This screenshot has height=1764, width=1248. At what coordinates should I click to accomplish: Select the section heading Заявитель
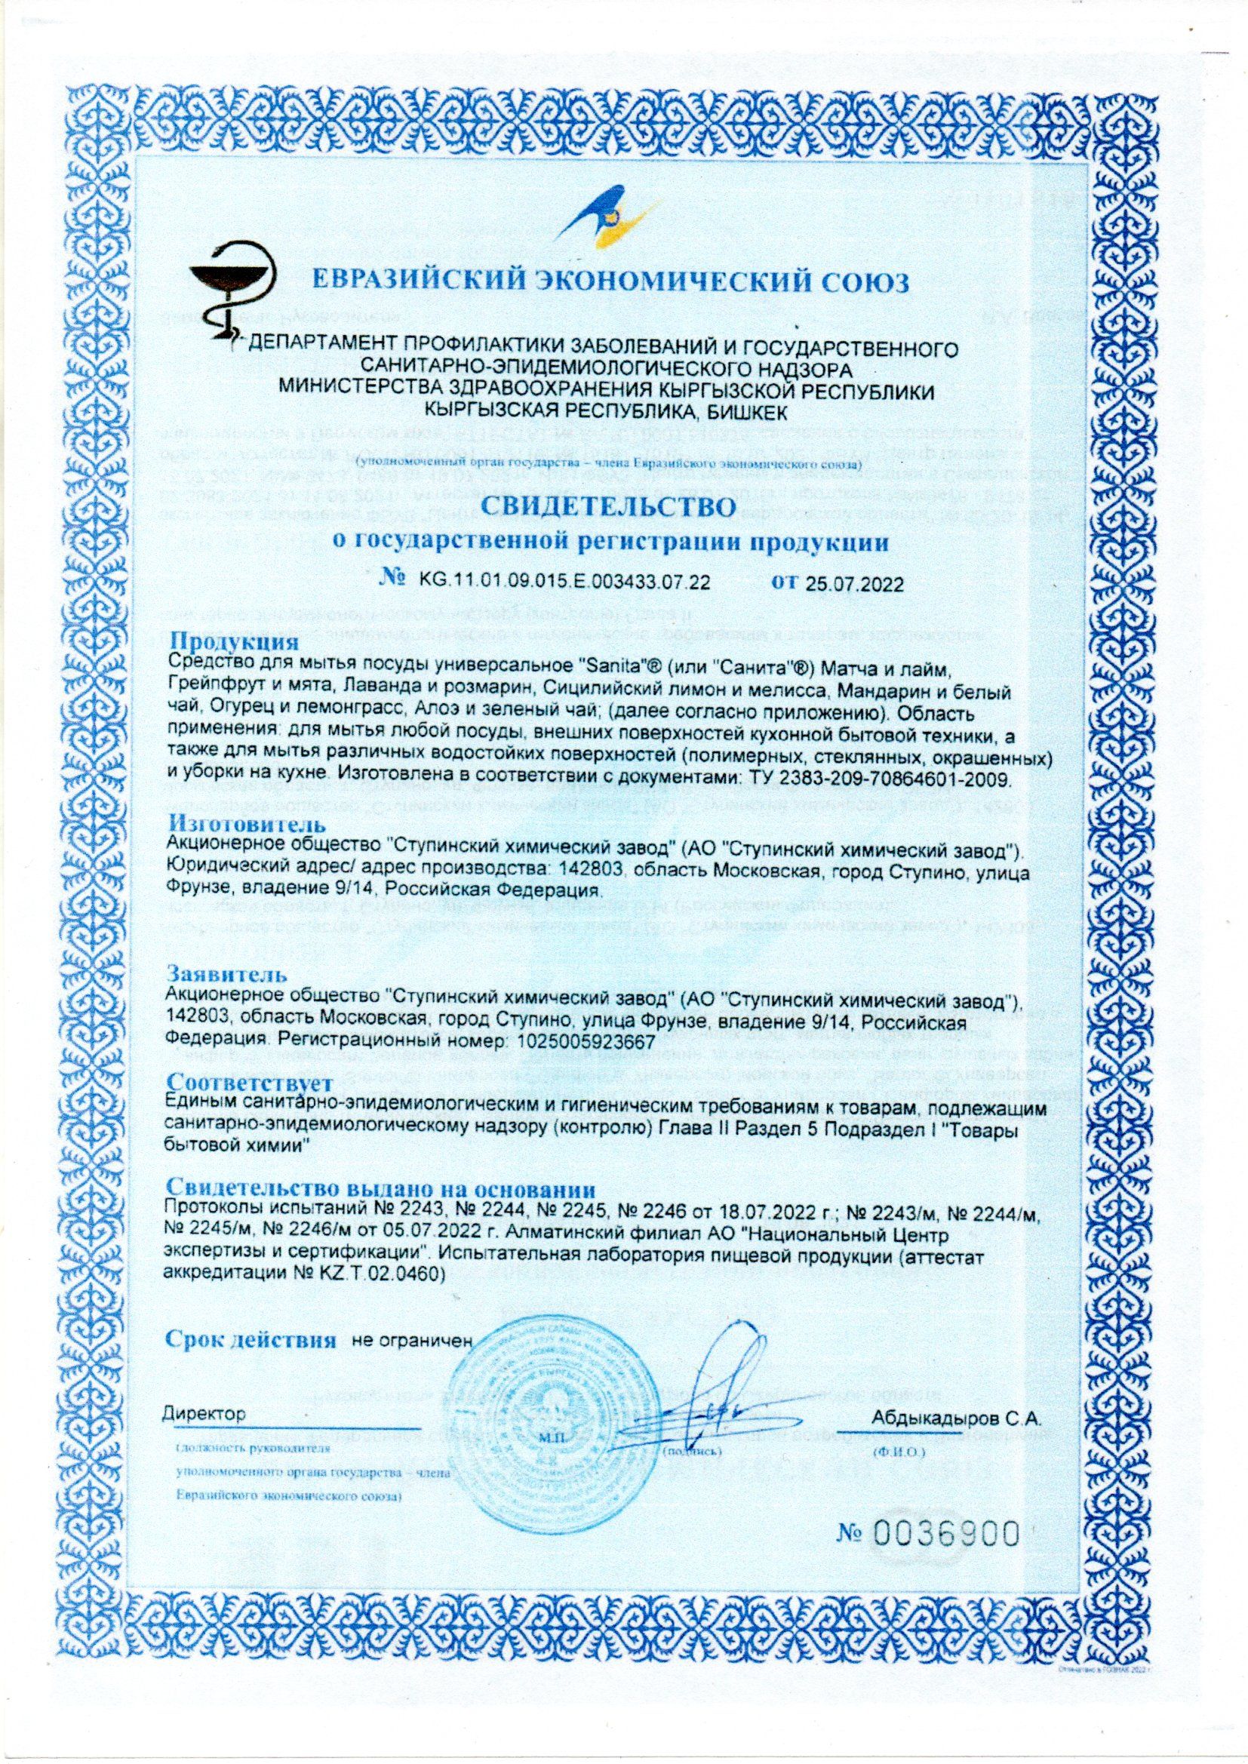pos(228,975)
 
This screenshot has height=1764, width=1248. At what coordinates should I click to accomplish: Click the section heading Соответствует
pos(250,1084)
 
